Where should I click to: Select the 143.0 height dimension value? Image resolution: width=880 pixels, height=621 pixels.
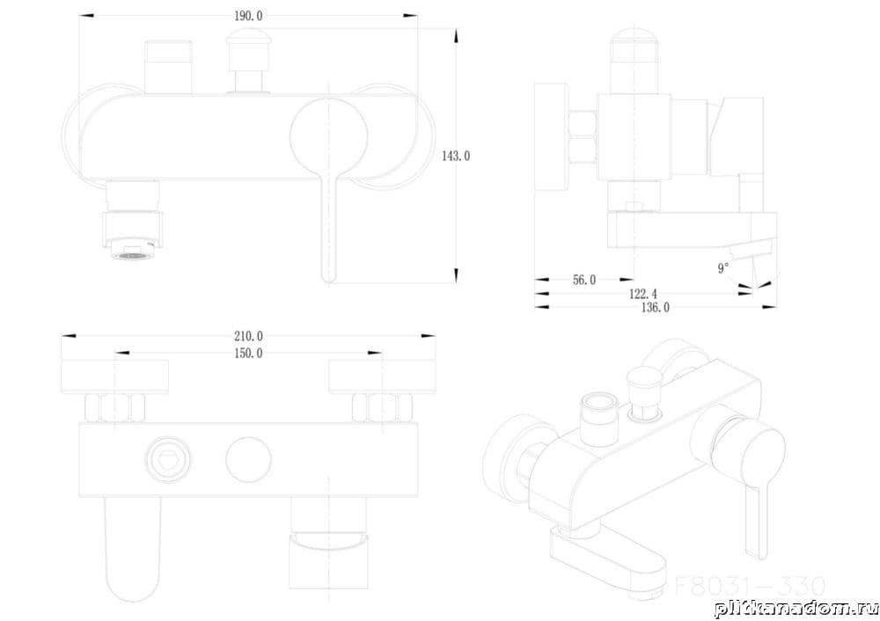tap(456, 156)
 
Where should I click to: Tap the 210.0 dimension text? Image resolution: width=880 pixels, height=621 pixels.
tap(249, 335)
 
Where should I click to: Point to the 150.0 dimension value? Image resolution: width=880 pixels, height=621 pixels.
tap(249, 354)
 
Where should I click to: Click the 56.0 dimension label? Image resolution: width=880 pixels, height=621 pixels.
tap(584, 280)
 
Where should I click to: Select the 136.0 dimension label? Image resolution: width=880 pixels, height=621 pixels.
tap(654, 307)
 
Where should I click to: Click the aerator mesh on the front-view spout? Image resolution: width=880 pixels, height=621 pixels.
tap(132, 255)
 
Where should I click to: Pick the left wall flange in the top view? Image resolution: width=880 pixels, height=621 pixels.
tap(114, 375)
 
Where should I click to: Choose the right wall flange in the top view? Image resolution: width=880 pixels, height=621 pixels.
tap(382, 375)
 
